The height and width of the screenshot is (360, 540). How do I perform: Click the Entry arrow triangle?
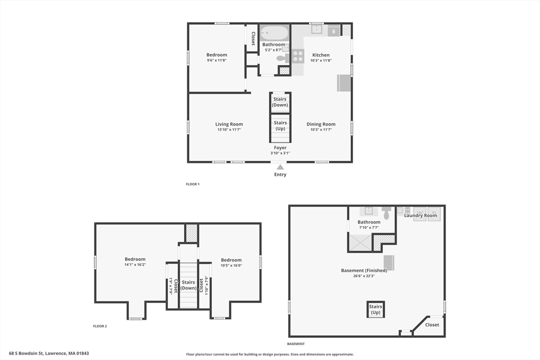click(x=281, y=167)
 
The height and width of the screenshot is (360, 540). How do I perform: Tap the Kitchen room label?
click(x=321, y=55)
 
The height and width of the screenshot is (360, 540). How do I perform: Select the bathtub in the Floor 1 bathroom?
click(x=274, y=33)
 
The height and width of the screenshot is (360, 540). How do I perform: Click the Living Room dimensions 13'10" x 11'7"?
click(x=229, y=130)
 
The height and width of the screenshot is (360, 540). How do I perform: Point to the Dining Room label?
click(x=321, y=124)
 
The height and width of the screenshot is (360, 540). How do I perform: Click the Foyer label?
click(x=281, y=148)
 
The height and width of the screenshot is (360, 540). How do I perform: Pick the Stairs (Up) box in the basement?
click(x=375, y=309)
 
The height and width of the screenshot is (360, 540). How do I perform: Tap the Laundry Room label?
click(x=420, y=216)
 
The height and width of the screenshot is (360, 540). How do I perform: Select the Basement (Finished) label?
click(x=364, y=270)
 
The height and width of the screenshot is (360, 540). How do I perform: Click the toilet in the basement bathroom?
click(x=387, y=213)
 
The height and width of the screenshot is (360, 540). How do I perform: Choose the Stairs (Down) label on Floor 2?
click(x=188, y=285)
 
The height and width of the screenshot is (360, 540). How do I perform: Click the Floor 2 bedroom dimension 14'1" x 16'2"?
click(x=135, y=265)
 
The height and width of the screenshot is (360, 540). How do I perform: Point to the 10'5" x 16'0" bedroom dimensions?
click(x=231, y=265)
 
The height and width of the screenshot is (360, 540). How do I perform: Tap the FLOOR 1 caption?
click(x=192, y=184)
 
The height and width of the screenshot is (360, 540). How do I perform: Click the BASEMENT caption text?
click(x=296, y=344)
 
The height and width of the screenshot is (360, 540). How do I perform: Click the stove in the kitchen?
click(x=298, y=56)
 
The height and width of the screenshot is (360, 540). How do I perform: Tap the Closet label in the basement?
click(x=432, y=325)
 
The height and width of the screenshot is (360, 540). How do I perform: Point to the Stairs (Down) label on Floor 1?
click(x=280, y=102)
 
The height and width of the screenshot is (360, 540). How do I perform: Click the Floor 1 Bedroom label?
click(x=217, y=55)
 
